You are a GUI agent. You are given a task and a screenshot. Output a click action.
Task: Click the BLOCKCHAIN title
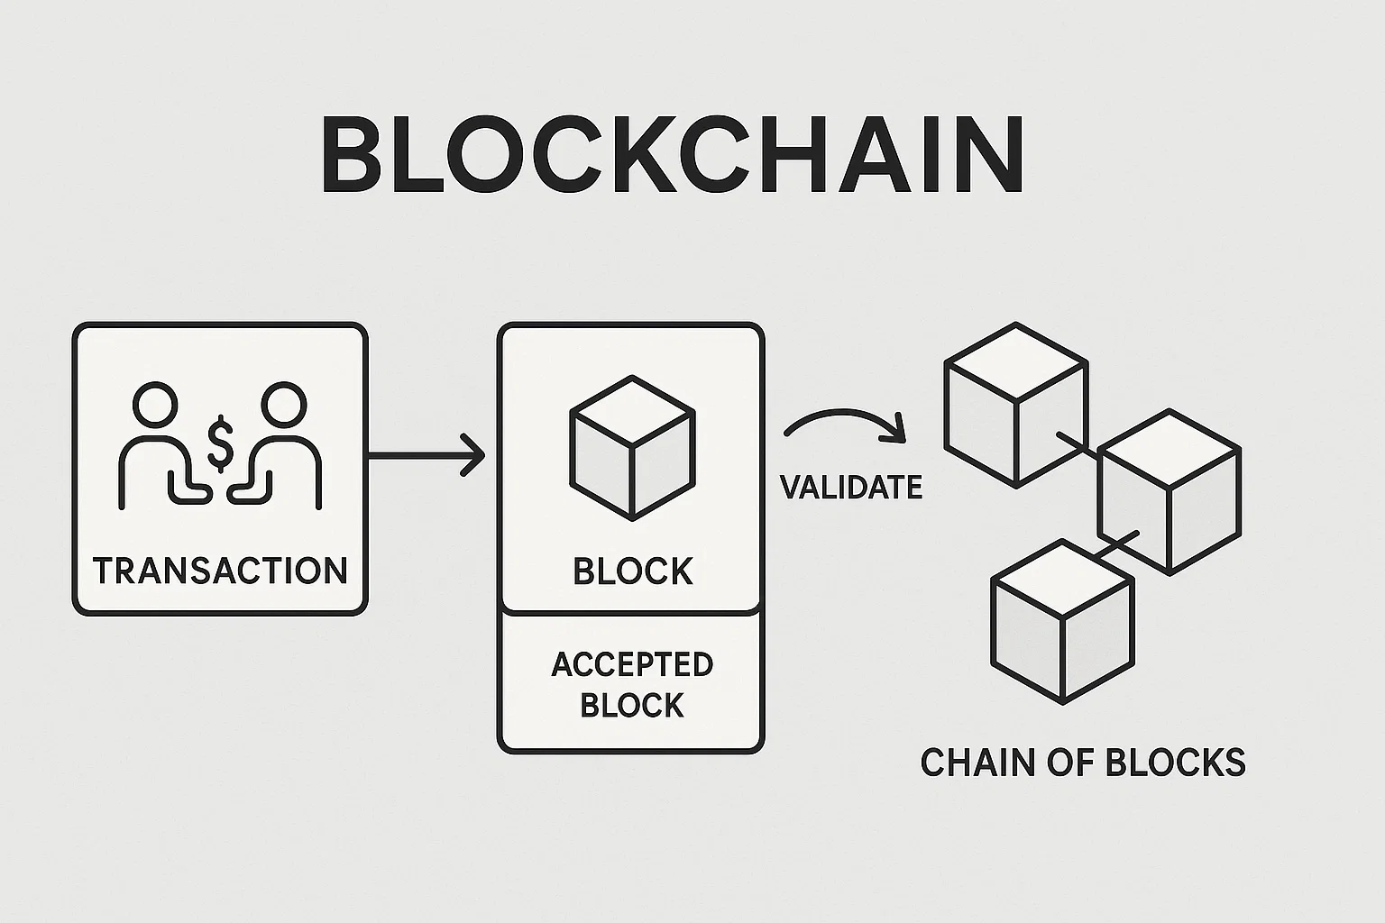[x=672, y=154]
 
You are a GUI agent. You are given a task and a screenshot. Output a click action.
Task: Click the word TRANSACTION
[x=220, y=571]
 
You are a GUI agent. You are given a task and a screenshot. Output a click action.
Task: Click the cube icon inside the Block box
[x=631, y=447]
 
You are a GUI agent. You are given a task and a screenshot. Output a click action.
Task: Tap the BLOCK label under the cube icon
[x=632, y=571]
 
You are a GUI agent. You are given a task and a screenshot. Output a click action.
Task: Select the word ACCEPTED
[x=632, y=664]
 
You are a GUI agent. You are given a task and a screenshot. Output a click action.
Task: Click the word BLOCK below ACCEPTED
[x=632, y=705]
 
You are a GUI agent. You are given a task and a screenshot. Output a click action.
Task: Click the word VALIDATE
[x=850, y=488]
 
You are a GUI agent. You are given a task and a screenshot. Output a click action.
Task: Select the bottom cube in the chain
[x=1062, y=621]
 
